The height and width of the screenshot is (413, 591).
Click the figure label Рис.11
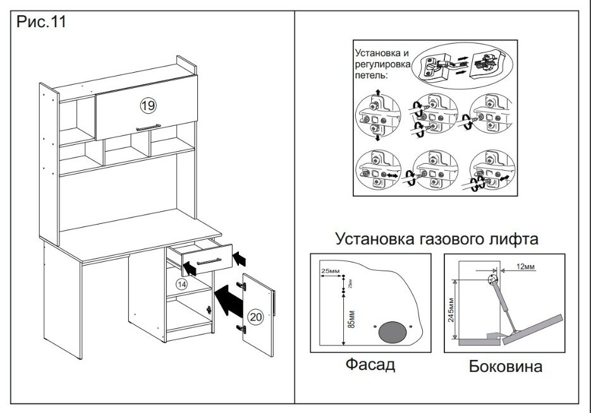tap(40, 22)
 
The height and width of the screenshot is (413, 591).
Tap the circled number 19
tap(147, 105)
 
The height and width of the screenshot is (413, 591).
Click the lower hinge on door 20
tap(240, 327)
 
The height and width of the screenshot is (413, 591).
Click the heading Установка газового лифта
tap(437, 240)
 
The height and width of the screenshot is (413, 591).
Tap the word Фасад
tap(370, 365)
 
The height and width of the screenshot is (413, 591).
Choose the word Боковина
tap(506, 367)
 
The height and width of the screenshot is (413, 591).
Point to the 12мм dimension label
tap(526, 267)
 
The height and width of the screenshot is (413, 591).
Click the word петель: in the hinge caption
tap(370, 75)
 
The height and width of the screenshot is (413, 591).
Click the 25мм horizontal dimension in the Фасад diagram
tap(330, 271)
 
